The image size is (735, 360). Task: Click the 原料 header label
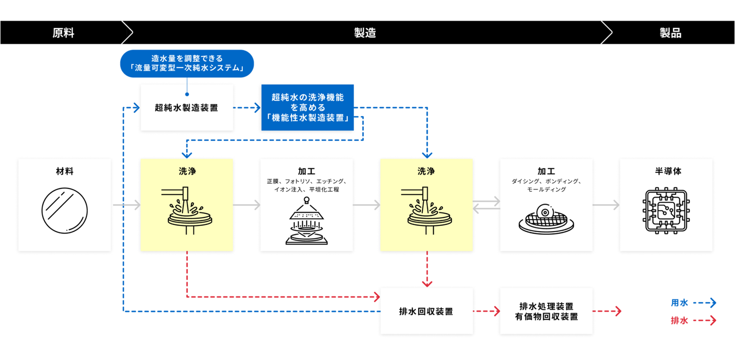point(63,33)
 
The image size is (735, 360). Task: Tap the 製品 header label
point(670,33)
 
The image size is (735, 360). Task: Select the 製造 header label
point(365,33)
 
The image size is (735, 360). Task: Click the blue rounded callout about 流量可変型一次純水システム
point(187,63)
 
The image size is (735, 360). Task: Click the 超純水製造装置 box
point(187,108)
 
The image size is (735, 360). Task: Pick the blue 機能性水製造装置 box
point(307,108)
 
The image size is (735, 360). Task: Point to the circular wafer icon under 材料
point(65,210)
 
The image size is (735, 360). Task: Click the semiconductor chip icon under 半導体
point(666,210)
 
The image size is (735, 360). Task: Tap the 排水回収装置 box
point(426,311)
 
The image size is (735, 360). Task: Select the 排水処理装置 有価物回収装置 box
point(546,311)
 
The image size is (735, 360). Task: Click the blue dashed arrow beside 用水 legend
point(705,303)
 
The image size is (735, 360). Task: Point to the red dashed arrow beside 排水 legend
point(705,320)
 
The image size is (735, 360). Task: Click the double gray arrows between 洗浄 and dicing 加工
point(486,205)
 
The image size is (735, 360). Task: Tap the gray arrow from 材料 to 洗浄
point(126,205)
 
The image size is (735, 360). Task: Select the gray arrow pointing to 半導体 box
point(606,205)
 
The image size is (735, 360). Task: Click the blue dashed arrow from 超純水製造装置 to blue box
point(247,108)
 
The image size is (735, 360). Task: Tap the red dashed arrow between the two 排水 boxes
point(486,311)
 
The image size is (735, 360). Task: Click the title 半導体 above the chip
point(668,171)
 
